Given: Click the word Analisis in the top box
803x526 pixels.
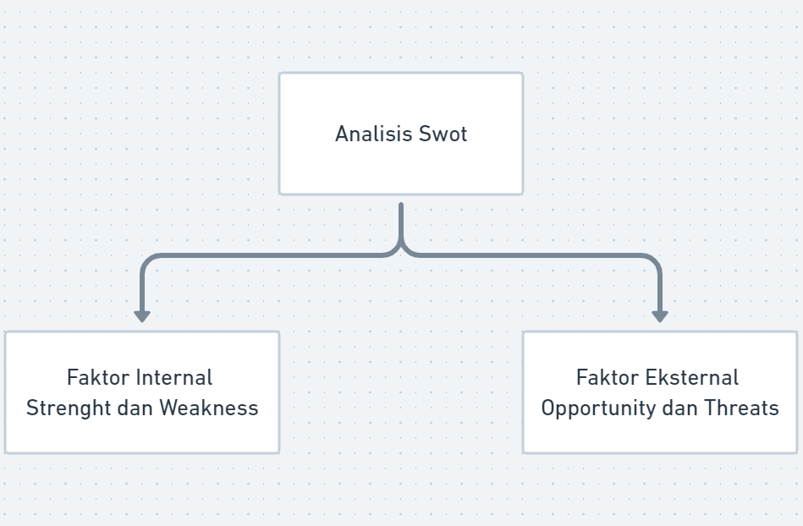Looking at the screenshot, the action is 374,134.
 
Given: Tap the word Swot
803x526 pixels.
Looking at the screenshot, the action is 443,134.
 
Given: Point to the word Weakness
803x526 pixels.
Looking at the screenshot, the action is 209,408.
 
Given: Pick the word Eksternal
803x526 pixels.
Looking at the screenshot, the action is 692,378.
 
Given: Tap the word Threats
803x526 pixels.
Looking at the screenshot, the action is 741,408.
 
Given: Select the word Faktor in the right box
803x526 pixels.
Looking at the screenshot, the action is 608,378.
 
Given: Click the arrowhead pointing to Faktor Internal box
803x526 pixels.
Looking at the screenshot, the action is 142,316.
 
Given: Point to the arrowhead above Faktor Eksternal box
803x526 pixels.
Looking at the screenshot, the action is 660,316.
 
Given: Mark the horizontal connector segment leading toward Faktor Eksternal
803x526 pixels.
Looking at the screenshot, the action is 527,255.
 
